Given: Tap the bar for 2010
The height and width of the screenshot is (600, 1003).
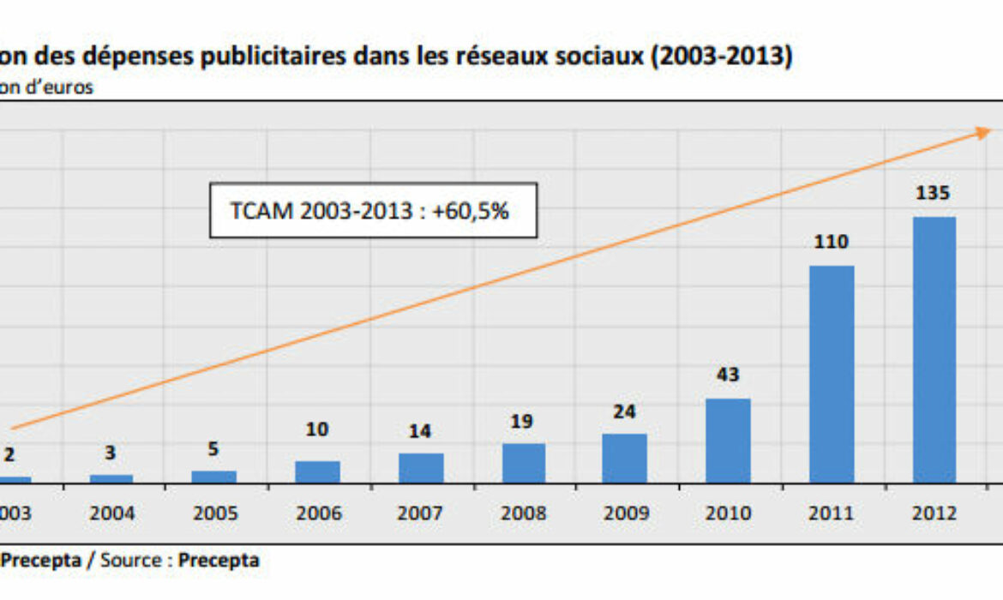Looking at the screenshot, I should tap(728, 441).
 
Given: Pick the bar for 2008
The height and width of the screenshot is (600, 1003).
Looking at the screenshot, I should tap(523, 463).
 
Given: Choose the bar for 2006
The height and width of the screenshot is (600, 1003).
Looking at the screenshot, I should tap(317, 471).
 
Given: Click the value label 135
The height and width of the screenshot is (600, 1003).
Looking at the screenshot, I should tap(933, 194).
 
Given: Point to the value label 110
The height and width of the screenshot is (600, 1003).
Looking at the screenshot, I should tap(831, 243).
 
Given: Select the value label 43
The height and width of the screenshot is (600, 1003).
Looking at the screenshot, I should tap(728, 375).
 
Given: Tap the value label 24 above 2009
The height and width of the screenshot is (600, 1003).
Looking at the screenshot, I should tap(625, 412).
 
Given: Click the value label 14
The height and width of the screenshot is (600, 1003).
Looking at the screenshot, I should tap(419, 432).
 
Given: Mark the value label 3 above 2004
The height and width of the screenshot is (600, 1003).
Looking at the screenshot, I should tap(111, 453).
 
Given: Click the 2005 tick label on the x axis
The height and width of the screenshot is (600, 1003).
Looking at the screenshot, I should tap(215, 513).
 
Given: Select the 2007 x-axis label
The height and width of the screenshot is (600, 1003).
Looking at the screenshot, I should tap(420, 513).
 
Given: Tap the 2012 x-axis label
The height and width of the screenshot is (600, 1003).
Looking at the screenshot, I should tap(934, 513).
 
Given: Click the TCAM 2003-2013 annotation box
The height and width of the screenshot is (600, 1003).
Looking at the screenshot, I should tap(373, 210).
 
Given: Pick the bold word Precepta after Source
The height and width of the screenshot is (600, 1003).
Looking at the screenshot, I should tap(219, 561).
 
